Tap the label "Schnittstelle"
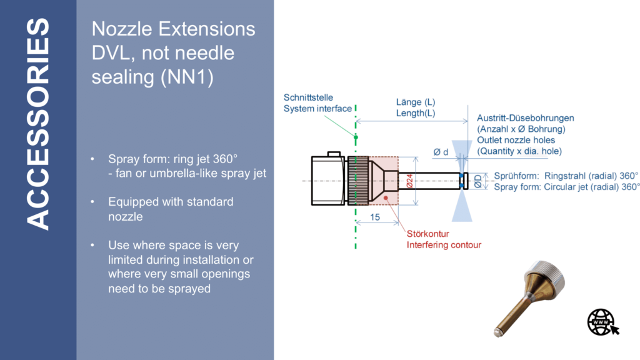click(x=308, y=97)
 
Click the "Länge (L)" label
click(x=416, y=102)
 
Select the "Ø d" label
click(x=441, y=151)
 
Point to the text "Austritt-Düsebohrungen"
click(x=525, y=117)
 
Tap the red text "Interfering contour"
click(x=444, y=245)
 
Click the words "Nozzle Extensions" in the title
click(x=173, y=29)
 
